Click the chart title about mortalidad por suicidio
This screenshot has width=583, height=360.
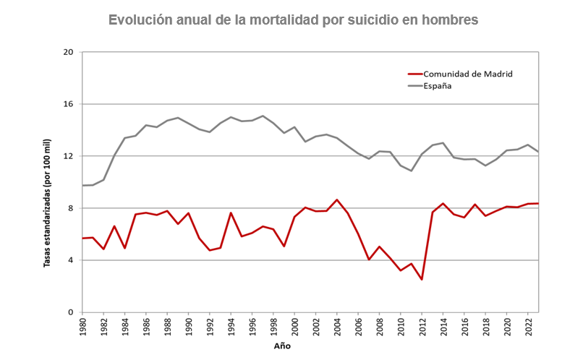[x=293, y=20]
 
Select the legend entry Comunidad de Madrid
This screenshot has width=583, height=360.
[x=468, y=74]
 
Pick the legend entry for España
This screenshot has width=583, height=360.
[x=438, y=85]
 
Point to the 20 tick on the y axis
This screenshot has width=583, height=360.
[x=69, y=52]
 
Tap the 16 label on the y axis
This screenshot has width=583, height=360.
[x=69, y=104]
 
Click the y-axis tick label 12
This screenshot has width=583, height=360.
[x=69, y=156]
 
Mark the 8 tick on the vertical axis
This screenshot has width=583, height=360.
[x=71, y=208]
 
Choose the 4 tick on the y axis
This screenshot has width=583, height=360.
[x=71, y=260]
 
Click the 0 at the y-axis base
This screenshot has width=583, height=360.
[x=71, y=312]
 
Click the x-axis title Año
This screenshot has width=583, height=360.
[x=282, y=346]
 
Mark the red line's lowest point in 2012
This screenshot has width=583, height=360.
[x=422, y=280]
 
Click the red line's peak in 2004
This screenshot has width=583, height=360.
[x=337, y=200]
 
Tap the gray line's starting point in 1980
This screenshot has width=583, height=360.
[x=82, y=186]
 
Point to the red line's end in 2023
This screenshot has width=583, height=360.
[x=538, y=203]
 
